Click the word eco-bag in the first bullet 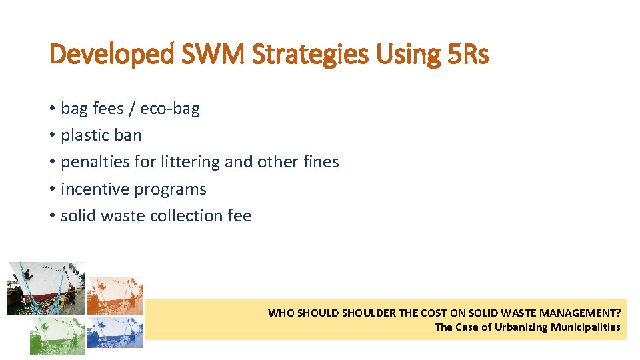(170, 108)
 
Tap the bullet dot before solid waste (52, 216)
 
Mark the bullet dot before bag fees (52, 108)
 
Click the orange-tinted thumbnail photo (115, 295)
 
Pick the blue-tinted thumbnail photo (115, 331)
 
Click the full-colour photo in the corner (45, 288)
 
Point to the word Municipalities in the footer (585, 327)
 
